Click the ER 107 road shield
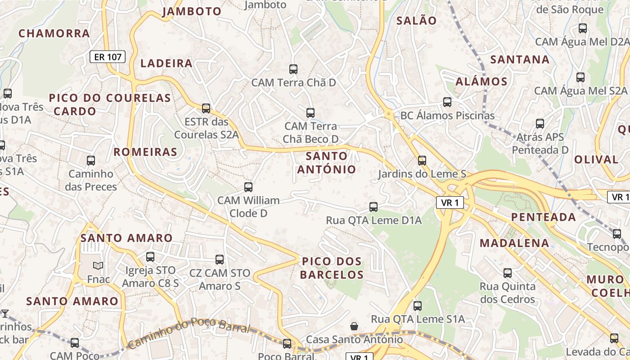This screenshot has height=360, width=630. [108, 57]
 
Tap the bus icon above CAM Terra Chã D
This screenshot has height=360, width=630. [293, 69]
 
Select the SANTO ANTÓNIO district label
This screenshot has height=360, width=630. [327, 163]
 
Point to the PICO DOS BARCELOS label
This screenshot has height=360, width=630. [332, 268]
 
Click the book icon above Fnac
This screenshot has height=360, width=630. [98, 266]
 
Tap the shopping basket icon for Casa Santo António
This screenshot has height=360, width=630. [354, 326]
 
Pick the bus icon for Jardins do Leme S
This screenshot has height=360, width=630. [422, 160]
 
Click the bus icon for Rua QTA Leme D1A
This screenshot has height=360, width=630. [373, 207]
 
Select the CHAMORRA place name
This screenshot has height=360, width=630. [54, 33]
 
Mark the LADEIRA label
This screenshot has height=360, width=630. [166, 63]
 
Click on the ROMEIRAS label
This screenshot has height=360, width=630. [145, 152]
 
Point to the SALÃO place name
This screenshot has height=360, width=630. [416, 21]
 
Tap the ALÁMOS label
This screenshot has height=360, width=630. [481, 82]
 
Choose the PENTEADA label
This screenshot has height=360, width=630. [544, 217]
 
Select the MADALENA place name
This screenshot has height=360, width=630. [514, 243]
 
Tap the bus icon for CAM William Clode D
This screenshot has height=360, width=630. [248, 187]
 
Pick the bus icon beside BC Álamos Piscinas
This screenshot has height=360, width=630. [447, 102]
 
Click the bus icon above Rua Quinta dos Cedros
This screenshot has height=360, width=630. [508, 273]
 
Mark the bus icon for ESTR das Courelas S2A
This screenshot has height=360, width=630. [206, 108]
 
